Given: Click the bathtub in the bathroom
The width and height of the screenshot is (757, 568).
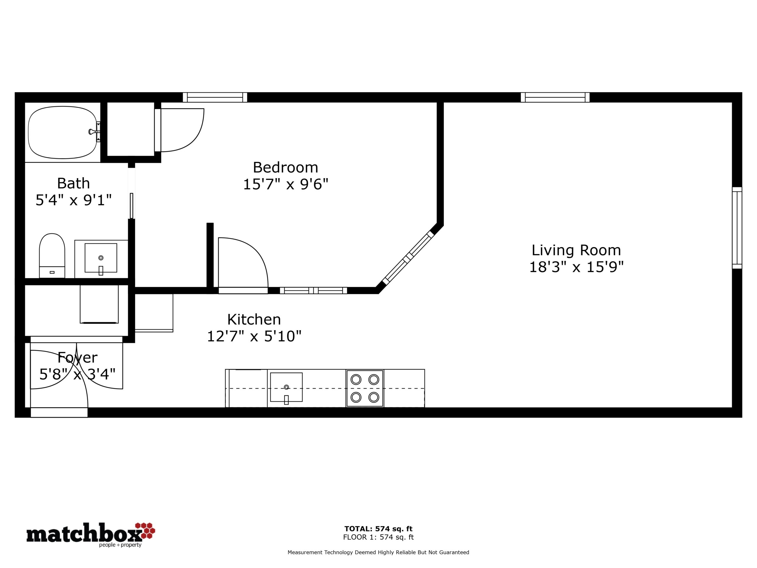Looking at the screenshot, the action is click(63, 132).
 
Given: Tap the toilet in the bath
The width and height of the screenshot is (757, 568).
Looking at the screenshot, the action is click(52, 255).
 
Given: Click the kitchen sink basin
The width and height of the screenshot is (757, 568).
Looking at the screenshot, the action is click(287, 387).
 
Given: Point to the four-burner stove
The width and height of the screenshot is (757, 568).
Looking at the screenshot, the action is click(365, 388).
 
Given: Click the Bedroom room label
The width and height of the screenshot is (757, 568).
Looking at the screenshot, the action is click(285, 167).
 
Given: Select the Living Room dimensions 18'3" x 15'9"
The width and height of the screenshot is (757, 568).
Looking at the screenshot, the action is click(576, 267).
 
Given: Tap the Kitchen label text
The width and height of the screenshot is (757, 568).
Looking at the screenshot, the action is click(254, 319).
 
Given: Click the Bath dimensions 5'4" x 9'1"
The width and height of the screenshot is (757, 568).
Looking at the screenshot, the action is click(74, 200).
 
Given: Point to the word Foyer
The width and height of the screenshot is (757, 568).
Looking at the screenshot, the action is click(77, 358).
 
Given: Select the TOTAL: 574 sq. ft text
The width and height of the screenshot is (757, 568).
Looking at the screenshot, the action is click(378, 529).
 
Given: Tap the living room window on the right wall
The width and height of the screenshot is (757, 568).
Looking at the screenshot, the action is click(737, 228).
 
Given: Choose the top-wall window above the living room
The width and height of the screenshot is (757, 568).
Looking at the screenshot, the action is click(555, 98).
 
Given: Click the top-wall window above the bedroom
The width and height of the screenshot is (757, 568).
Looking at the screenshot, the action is click(215, 98).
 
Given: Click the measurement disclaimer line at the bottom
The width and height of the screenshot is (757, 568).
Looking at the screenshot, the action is click(378, 552).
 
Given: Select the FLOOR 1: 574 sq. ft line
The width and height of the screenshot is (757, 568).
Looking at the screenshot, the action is click(378, 537).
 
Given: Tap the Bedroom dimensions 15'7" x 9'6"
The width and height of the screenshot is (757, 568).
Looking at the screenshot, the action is click(285, 185).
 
